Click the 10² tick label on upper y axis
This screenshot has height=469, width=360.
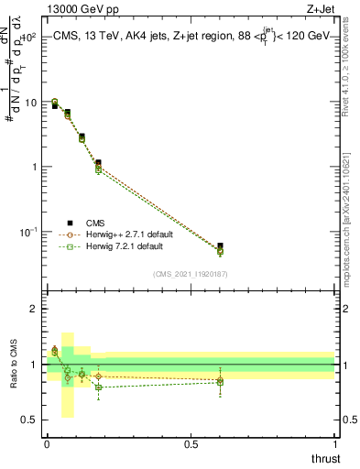29,38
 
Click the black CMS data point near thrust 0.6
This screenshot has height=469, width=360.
220,245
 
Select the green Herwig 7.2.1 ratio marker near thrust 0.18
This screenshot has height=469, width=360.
99,387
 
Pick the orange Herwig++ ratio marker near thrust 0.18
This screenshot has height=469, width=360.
99,376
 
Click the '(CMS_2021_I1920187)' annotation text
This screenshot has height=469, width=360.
191,274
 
